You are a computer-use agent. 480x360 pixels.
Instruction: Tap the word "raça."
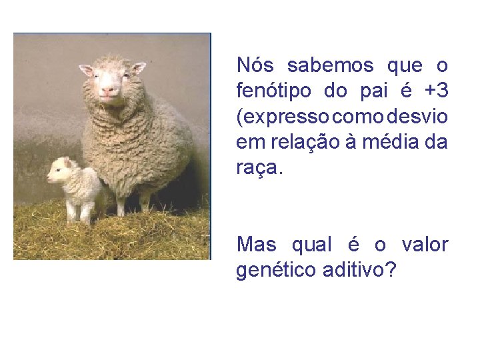[259, 168]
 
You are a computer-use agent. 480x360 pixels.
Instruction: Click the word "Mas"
[256, 245]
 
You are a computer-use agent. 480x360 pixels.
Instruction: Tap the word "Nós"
[255, 66]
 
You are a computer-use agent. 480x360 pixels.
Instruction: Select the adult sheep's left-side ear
[86, 69]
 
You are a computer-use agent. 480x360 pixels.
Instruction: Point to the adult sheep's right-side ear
[138, 67]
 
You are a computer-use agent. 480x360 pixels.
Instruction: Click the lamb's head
[60, 170]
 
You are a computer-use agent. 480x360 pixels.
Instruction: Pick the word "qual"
[311, 245]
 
